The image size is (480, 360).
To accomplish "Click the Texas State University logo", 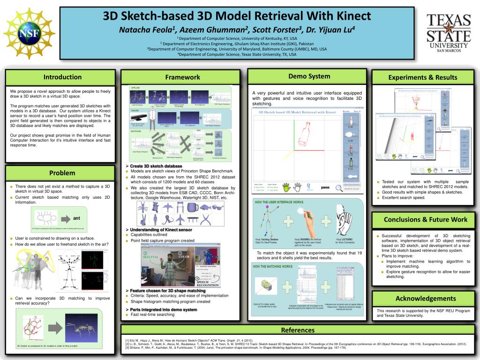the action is point(448,33).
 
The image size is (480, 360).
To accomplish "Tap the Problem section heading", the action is point(62,173).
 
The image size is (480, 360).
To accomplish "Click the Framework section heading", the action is point(182,77).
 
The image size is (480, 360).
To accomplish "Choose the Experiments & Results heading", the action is point(422,77).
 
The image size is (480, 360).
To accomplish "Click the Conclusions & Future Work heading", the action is point(425,219).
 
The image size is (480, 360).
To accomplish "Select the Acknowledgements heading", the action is point(425,298).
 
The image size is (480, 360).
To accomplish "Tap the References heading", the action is point(297,330).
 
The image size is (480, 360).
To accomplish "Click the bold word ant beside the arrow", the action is point(76,218).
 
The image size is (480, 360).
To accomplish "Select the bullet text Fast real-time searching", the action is point(152,315).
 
